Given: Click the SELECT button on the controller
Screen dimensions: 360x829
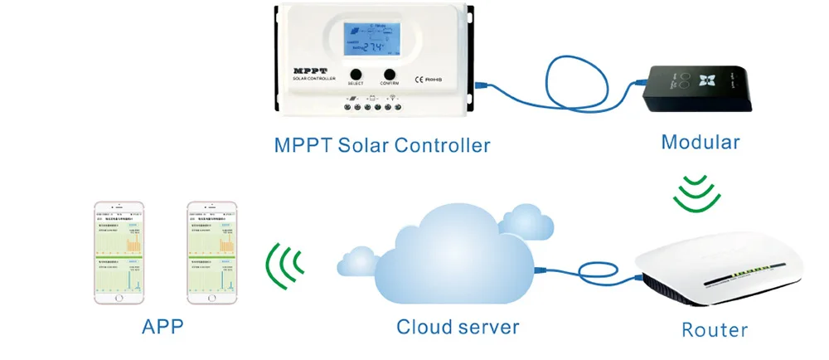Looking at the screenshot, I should [x=356, y=73].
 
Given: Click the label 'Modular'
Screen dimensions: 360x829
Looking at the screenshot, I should [x=701, y=143].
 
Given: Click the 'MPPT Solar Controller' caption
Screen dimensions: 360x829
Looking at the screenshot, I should [x=382, y=145].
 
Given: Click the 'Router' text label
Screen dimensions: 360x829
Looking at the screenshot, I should [x=715, y=329].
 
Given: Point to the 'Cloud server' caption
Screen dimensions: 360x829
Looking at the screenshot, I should [x=457, y=326].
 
